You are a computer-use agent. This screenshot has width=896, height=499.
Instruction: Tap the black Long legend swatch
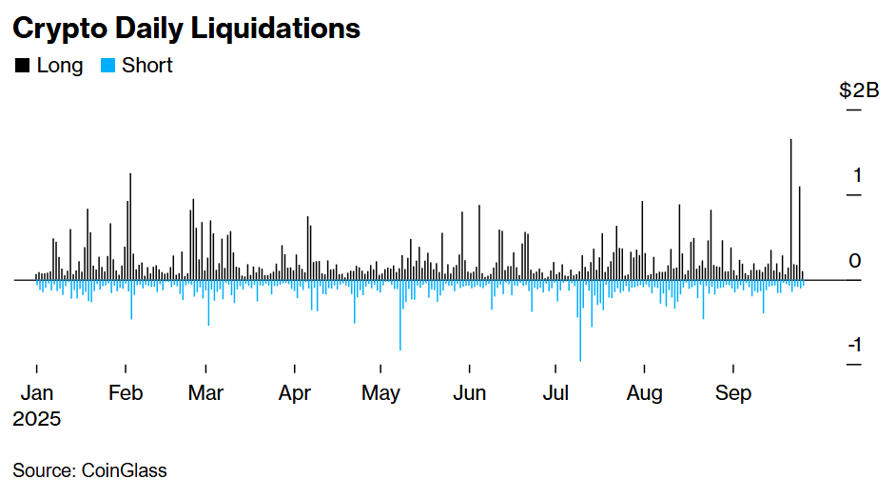tap(20, 66)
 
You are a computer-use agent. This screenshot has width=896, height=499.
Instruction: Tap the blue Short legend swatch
tap(107, 66)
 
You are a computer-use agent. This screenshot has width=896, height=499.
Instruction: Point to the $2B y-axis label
tap(859, 90)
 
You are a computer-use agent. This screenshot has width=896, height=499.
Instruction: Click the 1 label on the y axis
tap(858, 175)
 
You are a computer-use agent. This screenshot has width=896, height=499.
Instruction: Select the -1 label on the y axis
tap(854, 345)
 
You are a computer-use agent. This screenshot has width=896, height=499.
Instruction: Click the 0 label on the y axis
tap(856, 261)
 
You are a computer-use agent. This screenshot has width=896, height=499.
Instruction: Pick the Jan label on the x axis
tap(36, 393)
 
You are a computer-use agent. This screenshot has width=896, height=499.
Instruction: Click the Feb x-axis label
tap(126, 393)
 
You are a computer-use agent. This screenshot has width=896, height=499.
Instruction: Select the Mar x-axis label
tap(206, 393)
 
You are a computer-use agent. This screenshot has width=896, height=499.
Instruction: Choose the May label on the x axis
tap(381, 393)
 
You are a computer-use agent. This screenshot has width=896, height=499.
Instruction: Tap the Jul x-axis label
tap(556, 393)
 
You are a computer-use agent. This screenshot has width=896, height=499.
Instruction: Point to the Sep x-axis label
tap(733, 393)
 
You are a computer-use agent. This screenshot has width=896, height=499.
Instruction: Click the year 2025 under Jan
tap(37, 419)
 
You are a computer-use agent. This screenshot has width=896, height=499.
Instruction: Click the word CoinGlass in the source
tap(124, 470)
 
